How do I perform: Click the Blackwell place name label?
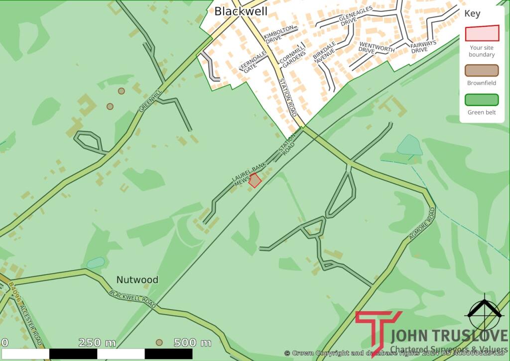(x=241, y=11)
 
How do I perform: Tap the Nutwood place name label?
(x=137, y=280)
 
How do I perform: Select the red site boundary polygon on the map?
(x=255, y=181)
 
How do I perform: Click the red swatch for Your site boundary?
(x=482, y=33)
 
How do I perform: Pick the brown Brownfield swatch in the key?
(x=482, y=70)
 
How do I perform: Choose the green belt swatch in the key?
(x=482, y=100)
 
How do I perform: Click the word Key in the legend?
(x=472, y=13)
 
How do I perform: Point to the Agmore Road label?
(x=422, y=224)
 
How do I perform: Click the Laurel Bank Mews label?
(x=249, y=175)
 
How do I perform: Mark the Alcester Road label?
(x=31, y=324)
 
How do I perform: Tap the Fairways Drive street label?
(x=423, y=47)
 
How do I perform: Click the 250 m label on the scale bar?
(x=97, y=343)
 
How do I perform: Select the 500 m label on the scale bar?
(x=192, y=343)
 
